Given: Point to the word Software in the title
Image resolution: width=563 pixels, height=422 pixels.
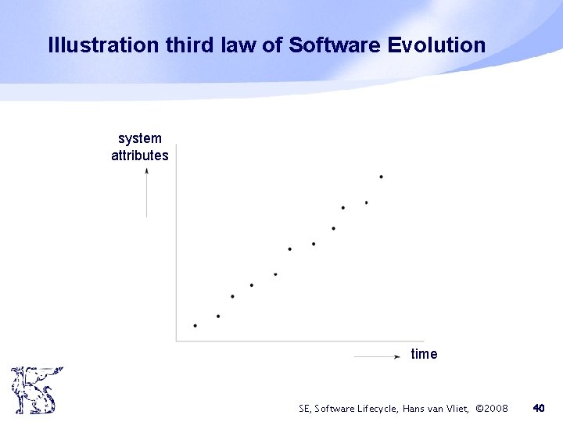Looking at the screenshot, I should click(335, 45).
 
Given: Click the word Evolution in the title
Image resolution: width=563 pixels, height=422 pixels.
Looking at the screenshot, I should click(436, 45).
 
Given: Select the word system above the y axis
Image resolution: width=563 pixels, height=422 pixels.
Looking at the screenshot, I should click(140, 138).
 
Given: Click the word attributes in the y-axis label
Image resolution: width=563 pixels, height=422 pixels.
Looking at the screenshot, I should click(140, 156).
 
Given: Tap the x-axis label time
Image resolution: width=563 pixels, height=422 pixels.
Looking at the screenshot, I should click(424, 354).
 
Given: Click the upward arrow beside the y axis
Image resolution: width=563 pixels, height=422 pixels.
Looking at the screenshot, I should click(146, 191).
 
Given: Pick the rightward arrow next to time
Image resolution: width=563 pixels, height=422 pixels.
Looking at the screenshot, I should click(377, 356).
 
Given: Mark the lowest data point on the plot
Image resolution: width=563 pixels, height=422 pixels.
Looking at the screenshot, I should click(195, 326).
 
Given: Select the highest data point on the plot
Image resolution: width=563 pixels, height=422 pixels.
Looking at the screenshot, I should click(381, 177).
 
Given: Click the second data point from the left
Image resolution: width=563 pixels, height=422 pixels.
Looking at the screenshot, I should click(218, 316).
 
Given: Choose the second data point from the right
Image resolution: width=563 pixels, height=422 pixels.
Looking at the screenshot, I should click(366, 202).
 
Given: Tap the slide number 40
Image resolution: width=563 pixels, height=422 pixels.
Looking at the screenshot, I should click(538, 408).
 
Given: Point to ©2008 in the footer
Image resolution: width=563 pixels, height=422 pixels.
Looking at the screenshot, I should click(492, 408).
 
